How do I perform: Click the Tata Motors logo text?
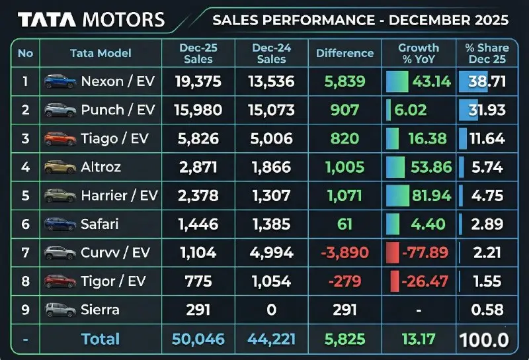point(91,19)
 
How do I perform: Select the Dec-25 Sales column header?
point(198,53)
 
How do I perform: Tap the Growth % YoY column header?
point(418,53)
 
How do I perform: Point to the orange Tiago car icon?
point(59,139)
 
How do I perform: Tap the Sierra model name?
point(100,310)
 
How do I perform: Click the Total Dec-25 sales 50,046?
point(198,339)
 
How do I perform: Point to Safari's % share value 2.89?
point(488,224)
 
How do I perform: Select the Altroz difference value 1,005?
point(345,167)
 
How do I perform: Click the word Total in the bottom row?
point(101,339)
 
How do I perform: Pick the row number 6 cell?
point(25,224)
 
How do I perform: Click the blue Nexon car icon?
point(59,82)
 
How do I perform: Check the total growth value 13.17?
point(418,339)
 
